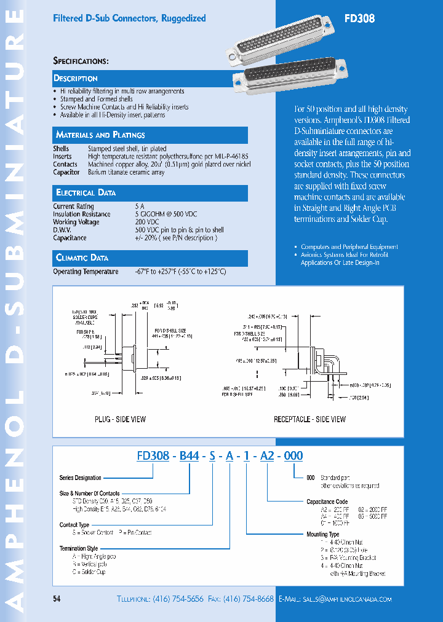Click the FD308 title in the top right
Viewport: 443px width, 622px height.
(x=359, y=18)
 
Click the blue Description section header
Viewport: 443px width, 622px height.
(x=76, y=79)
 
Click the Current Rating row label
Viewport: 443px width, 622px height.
(x=73, y=207)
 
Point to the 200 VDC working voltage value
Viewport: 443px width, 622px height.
(x=146, y=222)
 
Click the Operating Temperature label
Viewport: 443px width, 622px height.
(x=86, y=272)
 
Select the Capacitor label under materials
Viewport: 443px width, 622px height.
(x=66, y=173)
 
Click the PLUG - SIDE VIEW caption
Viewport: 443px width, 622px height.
(x=120, y=419)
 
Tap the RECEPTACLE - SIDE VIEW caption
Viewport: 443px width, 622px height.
(x=309, y=419)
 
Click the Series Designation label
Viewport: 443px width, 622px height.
(x=80, y=478)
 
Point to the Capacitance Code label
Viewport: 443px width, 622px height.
(x=327, y=502)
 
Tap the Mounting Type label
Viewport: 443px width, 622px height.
(x=322, y=535)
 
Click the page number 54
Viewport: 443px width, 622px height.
(x=57, y=599)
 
